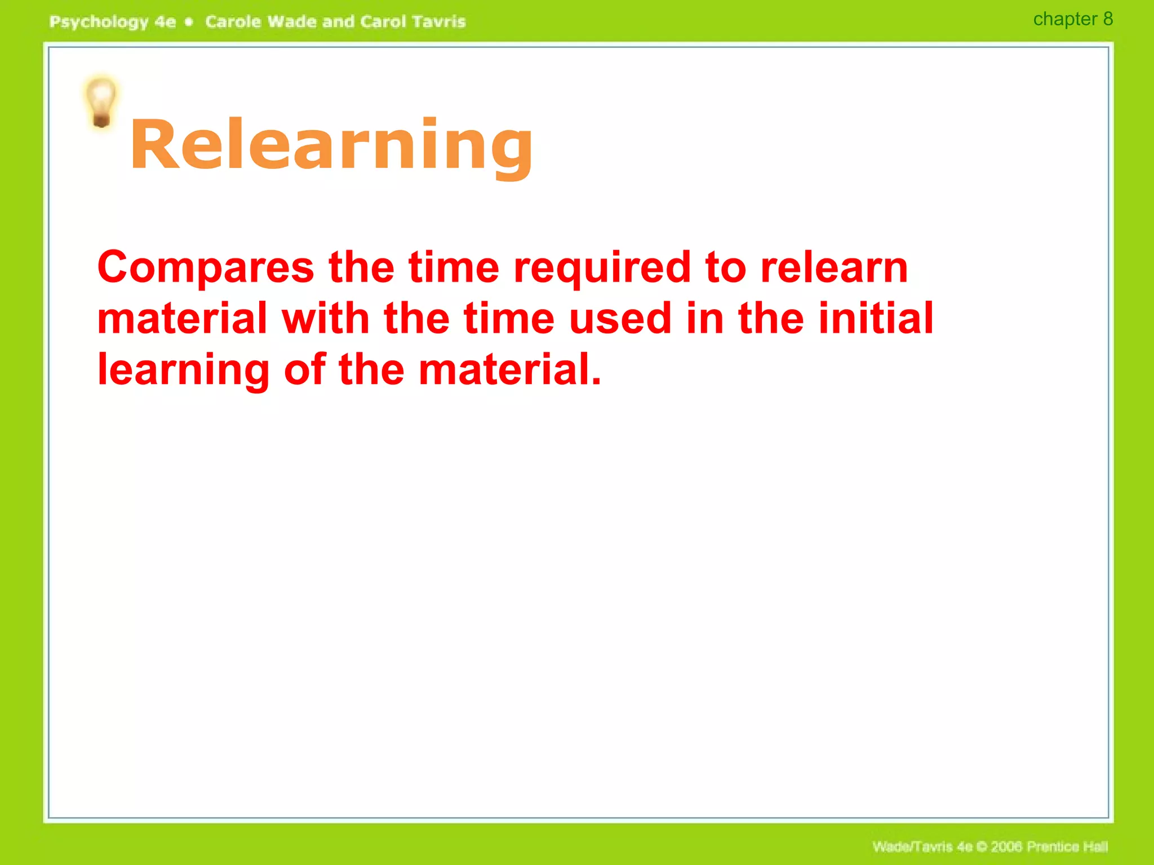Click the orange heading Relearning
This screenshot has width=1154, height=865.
click(331, 145)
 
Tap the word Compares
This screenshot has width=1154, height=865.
click(206, 267)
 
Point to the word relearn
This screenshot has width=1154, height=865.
click(834, 267)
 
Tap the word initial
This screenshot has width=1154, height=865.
click(876, 319)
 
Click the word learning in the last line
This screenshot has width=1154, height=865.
click(184, 370)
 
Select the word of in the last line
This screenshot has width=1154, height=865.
click(304, 370)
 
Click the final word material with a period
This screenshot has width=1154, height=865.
click(510, 370)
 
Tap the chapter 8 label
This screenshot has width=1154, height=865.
click(1072, 19)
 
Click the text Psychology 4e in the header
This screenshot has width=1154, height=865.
click(113, 22)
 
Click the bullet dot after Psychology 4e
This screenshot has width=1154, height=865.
click(189, 22)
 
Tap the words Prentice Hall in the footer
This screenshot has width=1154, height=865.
click(1067, 846)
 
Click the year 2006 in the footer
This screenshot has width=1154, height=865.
click(1007, 846)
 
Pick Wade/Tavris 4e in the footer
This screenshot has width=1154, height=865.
click(922, 846)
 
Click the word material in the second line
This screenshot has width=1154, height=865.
click(182, 319)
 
